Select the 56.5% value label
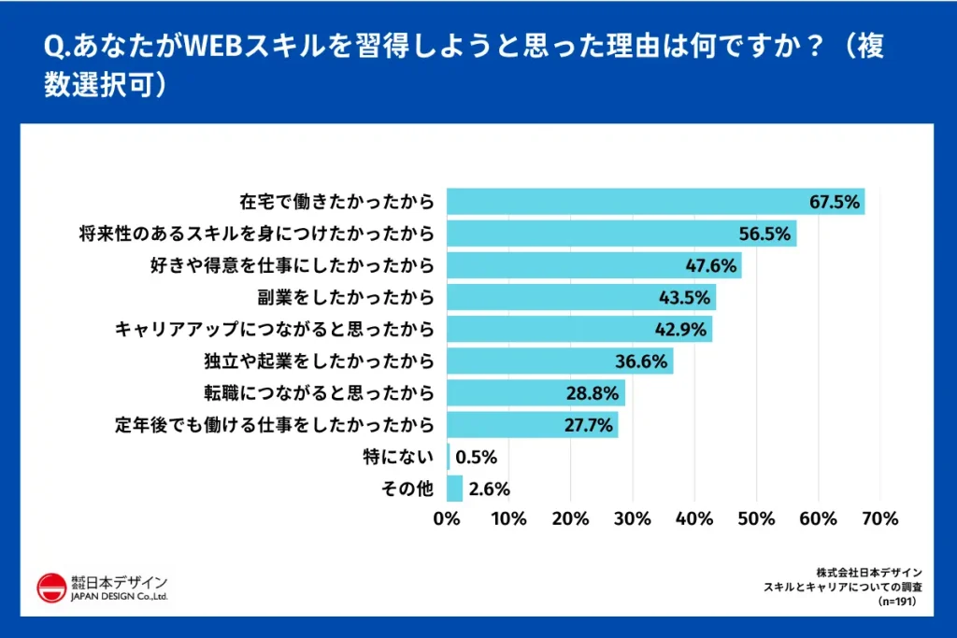[x=764, y=234]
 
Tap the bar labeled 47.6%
[x=593, y=265]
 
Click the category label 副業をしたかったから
[x=346, y=297]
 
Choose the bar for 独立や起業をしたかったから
[x=559, y=361]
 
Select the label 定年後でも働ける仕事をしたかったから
[x=275, y=425]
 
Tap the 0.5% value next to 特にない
[x=477, y=457]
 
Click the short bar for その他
[x=455, y=489]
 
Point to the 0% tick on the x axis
[x=448, y=518]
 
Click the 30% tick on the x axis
[x=633, y=518]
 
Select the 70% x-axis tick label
[x=880, y=518]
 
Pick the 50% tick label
[x=757, y=518]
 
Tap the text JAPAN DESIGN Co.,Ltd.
[x=120, y=596]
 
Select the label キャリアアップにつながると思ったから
[x=274, y=329]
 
